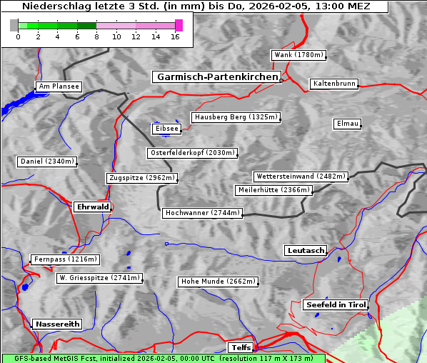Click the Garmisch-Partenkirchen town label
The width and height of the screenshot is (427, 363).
pos(216,76)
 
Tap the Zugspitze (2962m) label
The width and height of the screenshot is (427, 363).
pos(141,178)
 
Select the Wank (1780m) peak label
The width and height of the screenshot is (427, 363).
pos(298,55)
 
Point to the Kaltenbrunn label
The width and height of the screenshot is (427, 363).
pos(333,84)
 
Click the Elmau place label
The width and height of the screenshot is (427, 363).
pos(347,124)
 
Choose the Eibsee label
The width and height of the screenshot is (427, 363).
pos(166,129)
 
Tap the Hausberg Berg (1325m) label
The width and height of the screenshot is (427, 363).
pos(235,117)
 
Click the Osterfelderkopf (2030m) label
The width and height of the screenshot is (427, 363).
pos(192,153)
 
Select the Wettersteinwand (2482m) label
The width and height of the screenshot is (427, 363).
pos(300,176)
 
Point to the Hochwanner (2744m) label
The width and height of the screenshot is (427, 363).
pos(202,213)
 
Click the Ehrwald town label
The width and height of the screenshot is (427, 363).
pos(92,207)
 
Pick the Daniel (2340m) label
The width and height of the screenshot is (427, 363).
pos(46,161)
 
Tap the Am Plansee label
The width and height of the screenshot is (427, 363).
pos(58,86)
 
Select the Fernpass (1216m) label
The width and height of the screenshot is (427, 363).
pos(64,259)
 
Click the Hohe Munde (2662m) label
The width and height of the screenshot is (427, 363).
pos(218,282)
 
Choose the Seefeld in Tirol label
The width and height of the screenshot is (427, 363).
pos(335,304)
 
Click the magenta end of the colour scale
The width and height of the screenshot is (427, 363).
pos(179,25)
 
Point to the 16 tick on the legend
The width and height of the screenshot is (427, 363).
pos(175,36)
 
